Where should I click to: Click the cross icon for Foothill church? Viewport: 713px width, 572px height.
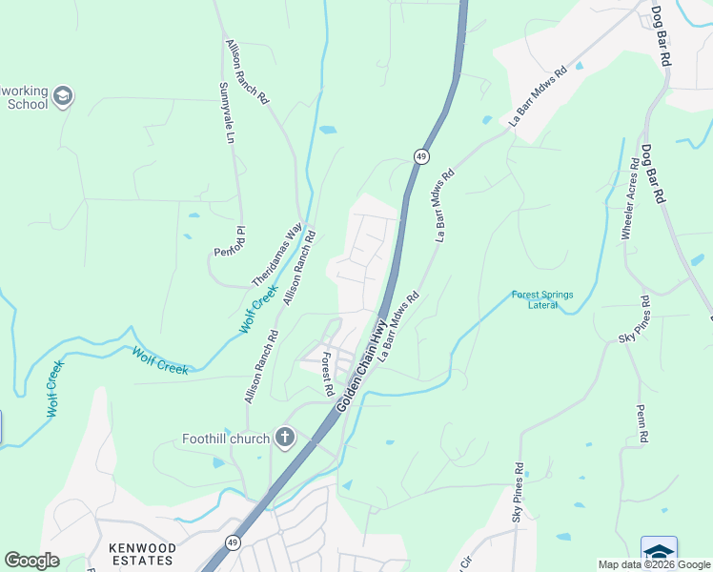point(284,439)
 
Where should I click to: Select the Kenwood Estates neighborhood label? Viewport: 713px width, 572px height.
point(142,554)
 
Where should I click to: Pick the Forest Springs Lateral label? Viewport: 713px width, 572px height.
point(542,300)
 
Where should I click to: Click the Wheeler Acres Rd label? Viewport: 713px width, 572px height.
point(629,204)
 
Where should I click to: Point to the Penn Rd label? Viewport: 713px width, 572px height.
point(644,422)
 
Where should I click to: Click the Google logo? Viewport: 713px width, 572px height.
point(31,561)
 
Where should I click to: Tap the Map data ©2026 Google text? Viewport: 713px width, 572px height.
point(654,564)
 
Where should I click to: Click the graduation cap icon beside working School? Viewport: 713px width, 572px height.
point(63,96)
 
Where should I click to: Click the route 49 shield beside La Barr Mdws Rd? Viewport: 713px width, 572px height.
point(420,155)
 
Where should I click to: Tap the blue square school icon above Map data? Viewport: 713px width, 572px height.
point(659,551)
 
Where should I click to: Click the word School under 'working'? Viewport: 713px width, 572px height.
point(27,104)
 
